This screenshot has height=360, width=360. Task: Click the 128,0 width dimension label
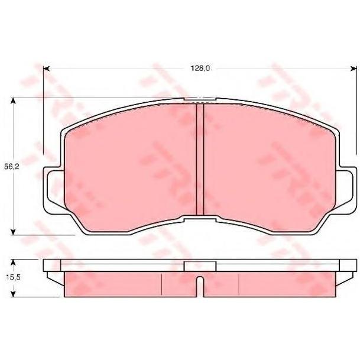200,68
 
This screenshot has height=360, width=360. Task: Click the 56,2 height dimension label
12,167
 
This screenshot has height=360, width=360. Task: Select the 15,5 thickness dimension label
14,277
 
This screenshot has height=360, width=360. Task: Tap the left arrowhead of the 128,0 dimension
46,69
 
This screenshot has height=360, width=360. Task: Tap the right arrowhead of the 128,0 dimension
354,69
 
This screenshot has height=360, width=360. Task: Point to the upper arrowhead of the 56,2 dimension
14,101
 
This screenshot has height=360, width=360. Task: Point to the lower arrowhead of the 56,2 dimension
14,232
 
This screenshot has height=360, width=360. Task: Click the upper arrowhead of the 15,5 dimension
14,262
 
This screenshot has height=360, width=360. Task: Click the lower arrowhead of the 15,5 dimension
14,294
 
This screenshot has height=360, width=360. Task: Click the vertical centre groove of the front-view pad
200,160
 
